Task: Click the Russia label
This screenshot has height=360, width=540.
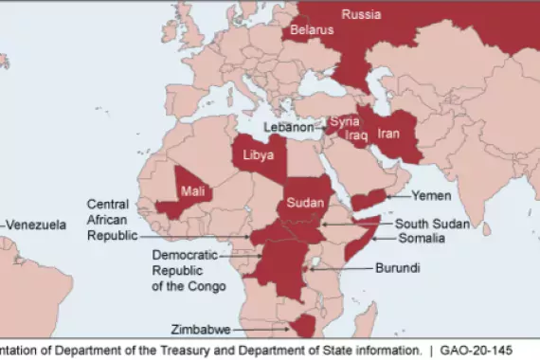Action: pos(361,14)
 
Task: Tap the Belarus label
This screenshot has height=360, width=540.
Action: pos(312,30)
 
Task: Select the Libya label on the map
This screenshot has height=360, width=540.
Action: pos(260,154)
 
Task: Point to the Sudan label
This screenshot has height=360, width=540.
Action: pos(305,203)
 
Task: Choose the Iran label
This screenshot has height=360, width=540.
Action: pos(389,134)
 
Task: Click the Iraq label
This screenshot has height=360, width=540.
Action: pos(355,135)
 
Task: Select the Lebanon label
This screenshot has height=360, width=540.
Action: pos(288,127)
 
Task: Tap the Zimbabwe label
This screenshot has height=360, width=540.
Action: pos(202,331)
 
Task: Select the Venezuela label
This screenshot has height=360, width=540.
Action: pos(38,225)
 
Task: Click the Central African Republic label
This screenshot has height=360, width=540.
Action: pos(113,219)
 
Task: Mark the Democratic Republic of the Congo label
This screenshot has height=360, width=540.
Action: pos(189,271)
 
